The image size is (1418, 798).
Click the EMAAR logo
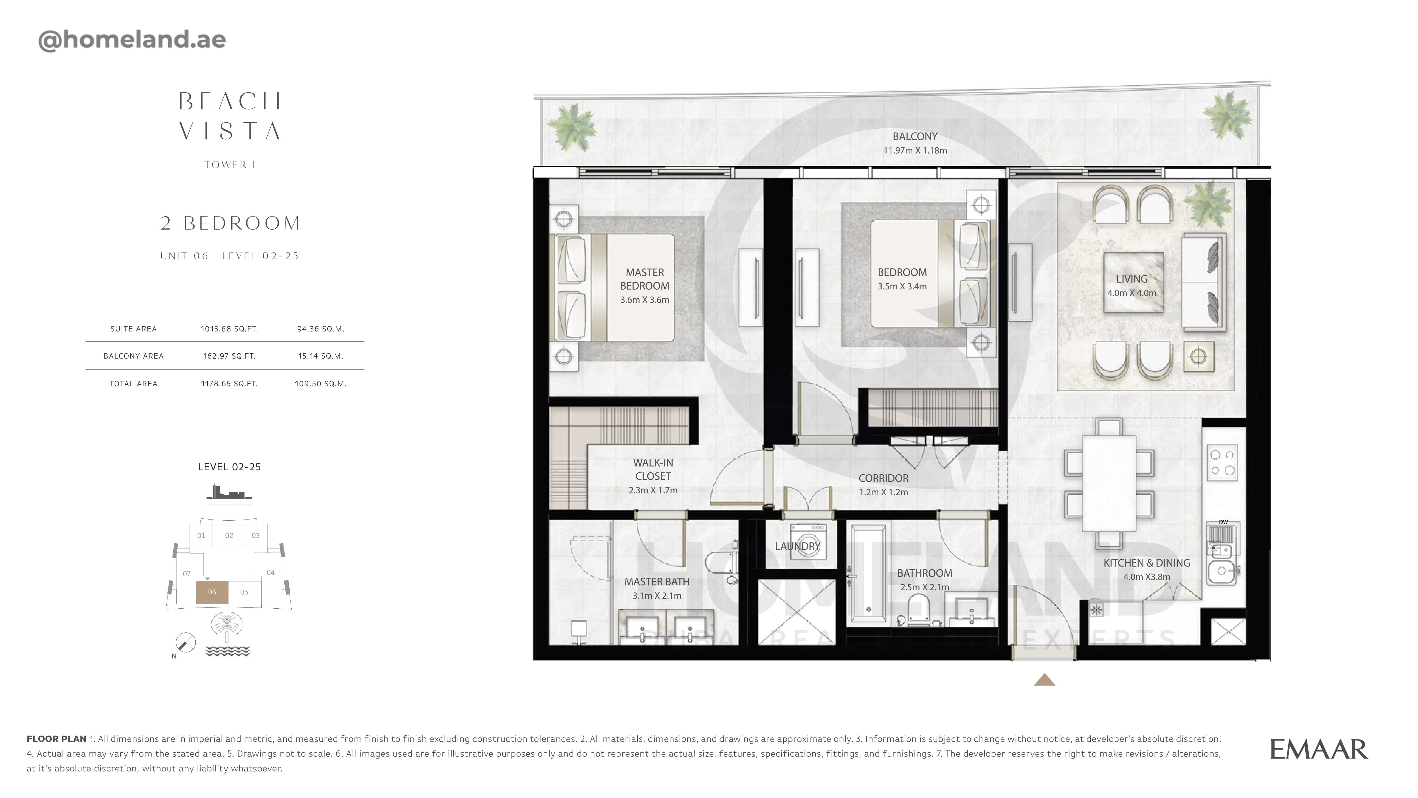point(1318,750)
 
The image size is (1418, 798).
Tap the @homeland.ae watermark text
point(132,40)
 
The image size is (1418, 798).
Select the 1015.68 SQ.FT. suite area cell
point(229,329)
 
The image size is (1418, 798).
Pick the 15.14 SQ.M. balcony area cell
point(320,356)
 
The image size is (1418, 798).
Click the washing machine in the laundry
point(808,542)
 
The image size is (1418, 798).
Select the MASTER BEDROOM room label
point(645,279)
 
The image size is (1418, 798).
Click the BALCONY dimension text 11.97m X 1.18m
point(915,150)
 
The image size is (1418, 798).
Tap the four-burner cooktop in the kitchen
point(1222,463)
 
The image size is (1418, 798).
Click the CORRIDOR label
point(883,478)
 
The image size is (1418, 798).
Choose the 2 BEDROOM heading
point(230,223)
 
